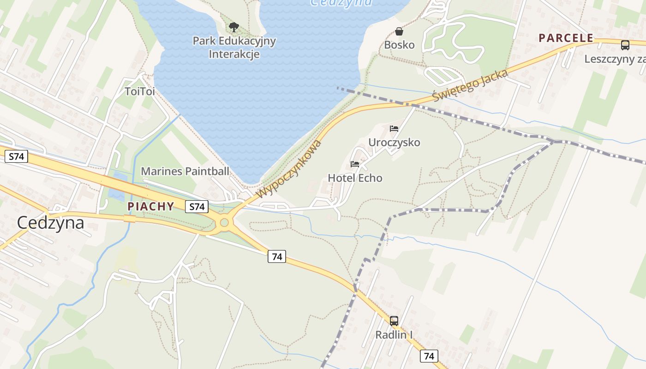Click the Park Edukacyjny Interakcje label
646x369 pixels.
click(x=234, y=48)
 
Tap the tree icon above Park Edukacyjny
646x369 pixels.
click(x=234, y=27)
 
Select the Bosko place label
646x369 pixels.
click(x=399, y=45)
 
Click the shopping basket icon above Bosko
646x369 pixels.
click(x=399, y=31)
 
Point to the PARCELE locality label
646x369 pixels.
click(x=566, y=38)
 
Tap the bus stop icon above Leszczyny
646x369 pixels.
click(x=625, y=45)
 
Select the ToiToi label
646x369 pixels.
click(x=139, y=92)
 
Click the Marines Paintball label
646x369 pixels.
click(x=185, y=172)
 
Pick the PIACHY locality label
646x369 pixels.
click(x=151, y=207)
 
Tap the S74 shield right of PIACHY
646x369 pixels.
click(x=197, y=207)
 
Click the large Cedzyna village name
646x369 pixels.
click(x=50, y=223)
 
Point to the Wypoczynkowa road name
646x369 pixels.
click(x=289, y=169)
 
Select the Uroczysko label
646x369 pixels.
click(x=394, y=143)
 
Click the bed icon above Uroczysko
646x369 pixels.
click(x=394, y=129)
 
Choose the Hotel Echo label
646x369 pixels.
click(x=355, y=178)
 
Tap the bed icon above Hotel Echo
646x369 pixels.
click(x=354, y=164)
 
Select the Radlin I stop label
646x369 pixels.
click(x=394, y=335)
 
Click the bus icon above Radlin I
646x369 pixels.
click(x=394, y=321)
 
